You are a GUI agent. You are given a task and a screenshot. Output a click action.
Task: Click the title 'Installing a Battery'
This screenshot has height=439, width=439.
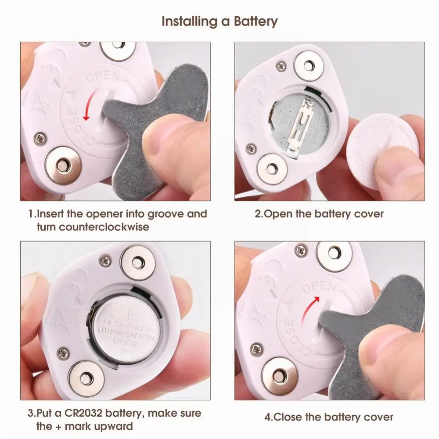219,21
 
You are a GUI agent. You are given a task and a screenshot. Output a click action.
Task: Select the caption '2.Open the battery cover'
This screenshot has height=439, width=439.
319,214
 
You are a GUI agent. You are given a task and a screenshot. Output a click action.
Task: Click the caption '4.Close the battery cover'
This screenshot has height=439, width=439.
329,417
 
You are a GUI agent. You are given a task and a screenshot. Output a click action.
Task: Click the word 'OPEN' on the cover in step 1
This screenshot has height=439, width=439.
102,78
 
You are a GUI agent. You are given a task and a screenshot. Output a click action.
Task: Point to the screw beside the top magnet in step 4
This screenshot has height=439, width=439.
301,251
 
